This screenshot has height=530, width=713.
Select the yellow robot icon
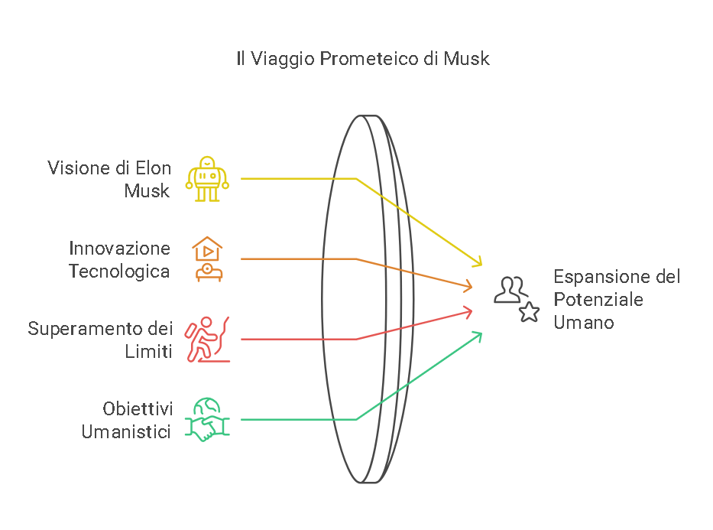pos(207,179)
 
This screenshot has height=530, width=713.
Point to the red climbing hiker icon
pos(207,340)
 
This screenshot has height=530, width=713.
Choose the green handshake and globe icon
pos(207,419)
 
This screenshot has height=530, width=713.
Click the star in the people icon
pos(529,312)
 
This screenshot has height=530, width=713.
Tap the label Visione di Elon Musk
pos(109,179)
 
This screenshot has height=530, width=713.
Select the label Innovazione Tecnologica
pos(119,259)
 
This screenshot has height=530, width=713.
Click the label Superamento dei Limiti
pos(100,340)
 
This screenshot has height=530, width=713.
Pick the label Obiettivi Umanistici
pos(126,419)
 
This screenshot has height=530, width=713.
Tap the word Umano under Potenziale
pos(583,322)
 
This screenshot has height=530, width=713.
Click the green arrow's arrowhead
pos(478,334)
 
